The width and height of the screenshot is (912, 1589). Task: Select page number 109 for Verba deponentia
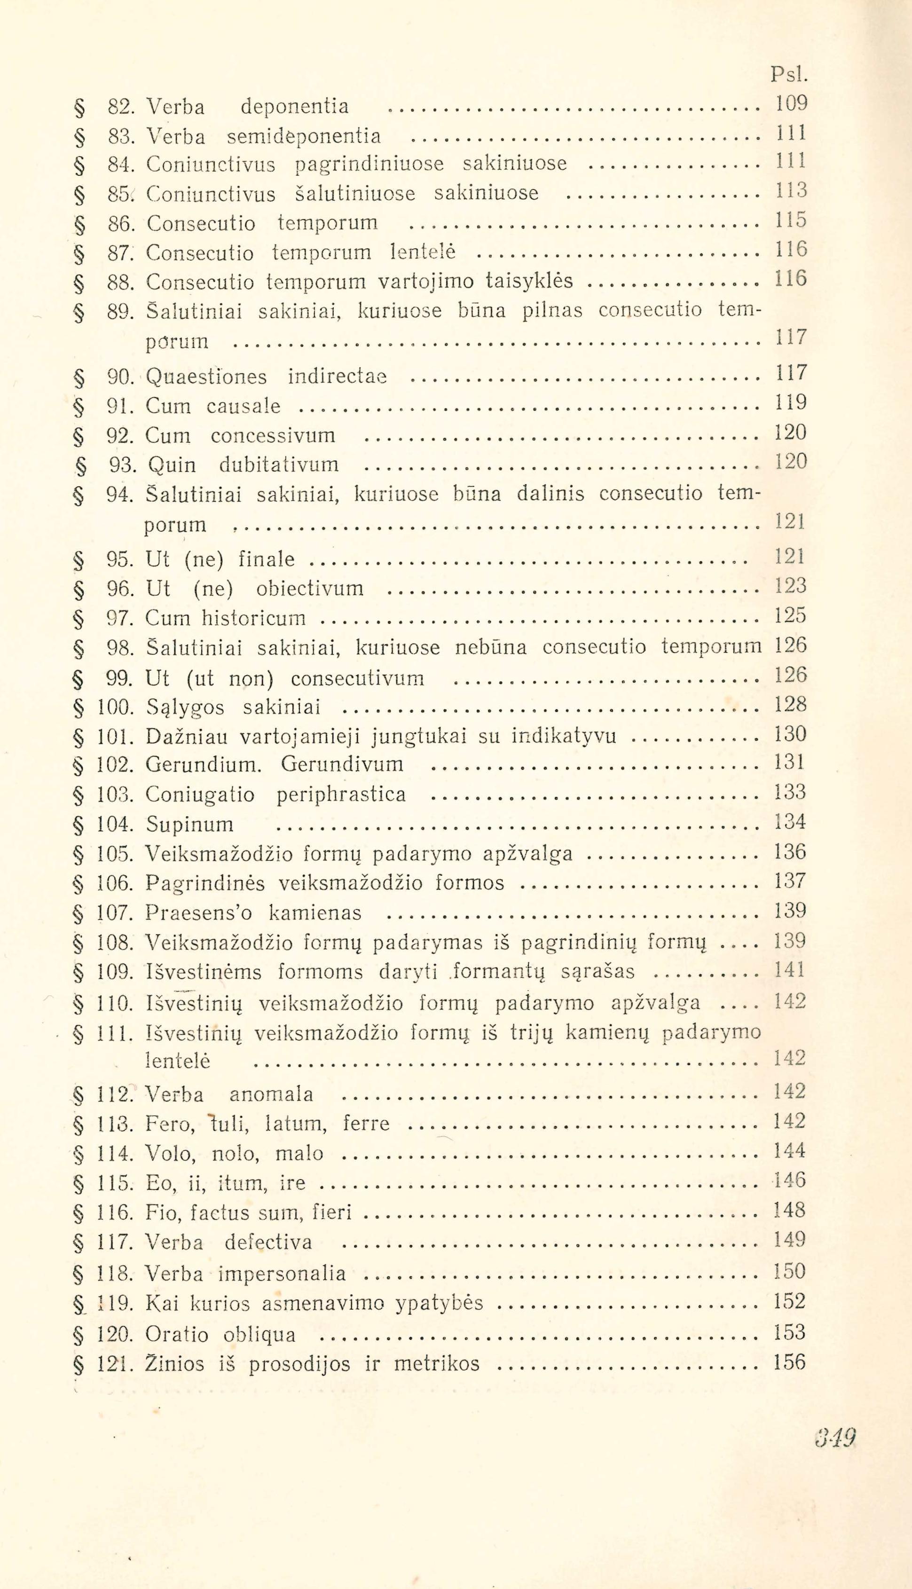(x=791, y=103)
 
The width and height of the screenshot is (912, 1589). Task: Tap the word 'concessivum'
(x=273, y=435)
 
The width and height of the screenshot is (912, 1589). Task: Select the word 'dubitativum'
(x=279, y=465)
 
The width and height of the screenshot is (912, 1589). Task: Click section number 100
(x=114, y=708)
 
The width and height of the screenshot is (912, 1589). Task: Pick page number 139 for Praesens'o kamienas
(x=789, y=910)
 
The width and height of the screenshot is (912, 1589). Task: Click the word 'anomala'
(x=271, y=1094)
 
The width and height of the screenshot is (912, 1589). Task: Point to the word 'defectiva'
(x=268, y=1242)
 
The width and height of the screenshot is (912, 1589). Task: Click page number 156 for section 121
(x=789, y=1362)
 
